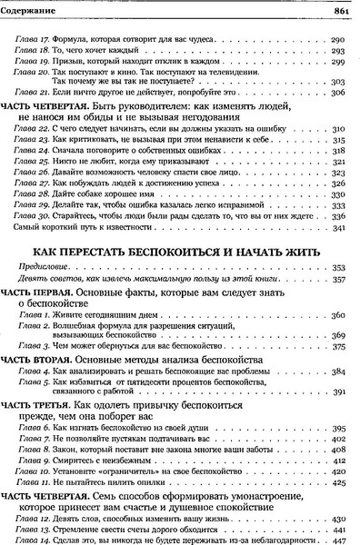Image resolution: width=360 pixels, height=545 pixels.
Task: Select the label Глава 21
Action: pyautogui.click(x=34, y=117)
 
